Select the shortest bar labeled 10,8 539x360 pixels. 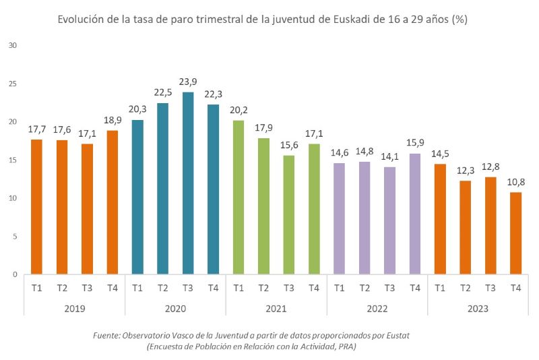click(515, 233)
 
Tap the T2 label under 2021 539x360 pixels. click(263, 288)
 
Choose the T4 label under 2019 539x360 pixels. click(113, 288)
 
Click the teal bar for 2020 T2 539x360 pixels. click(163, 189)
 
